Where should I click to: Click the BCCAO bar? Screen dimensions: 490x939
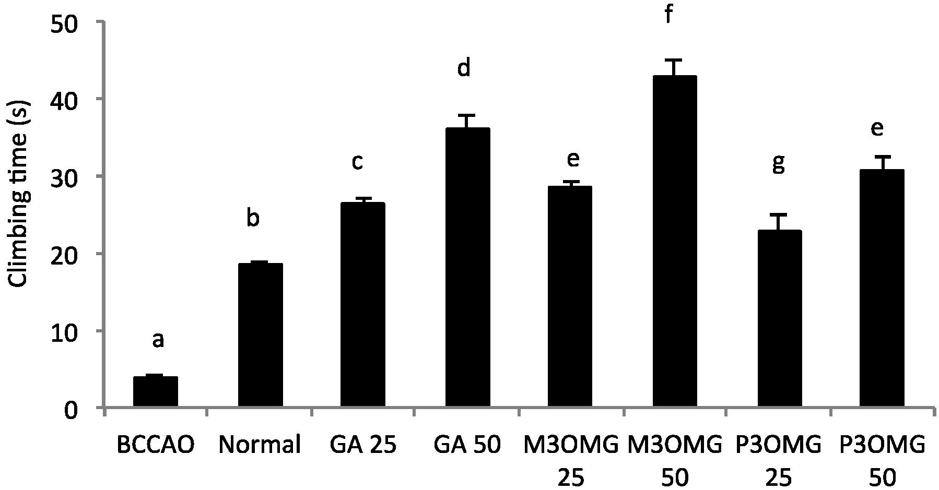pyautogui.click(x=156, y=391)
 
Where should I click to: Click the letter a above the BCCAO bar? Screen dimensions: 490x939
pyautogui.click(x=158, y=341)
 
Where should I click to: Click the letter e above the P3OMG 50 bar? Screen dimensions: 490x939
pyautogui.click(x=877, y=128)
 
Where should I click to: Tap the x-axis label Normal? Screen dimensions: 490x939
pyautogui.click(x=260, y=445)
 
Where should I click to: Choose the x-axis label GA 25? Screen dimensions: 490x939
pyautogui.click(x=362, y=445)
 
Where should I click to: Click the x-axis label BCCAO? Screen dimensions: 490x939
pyautogui.click(x=156, y=445)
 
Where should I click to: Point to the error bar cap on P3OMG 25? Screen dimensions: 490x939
pyautogui.click(x=779, y=214)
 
